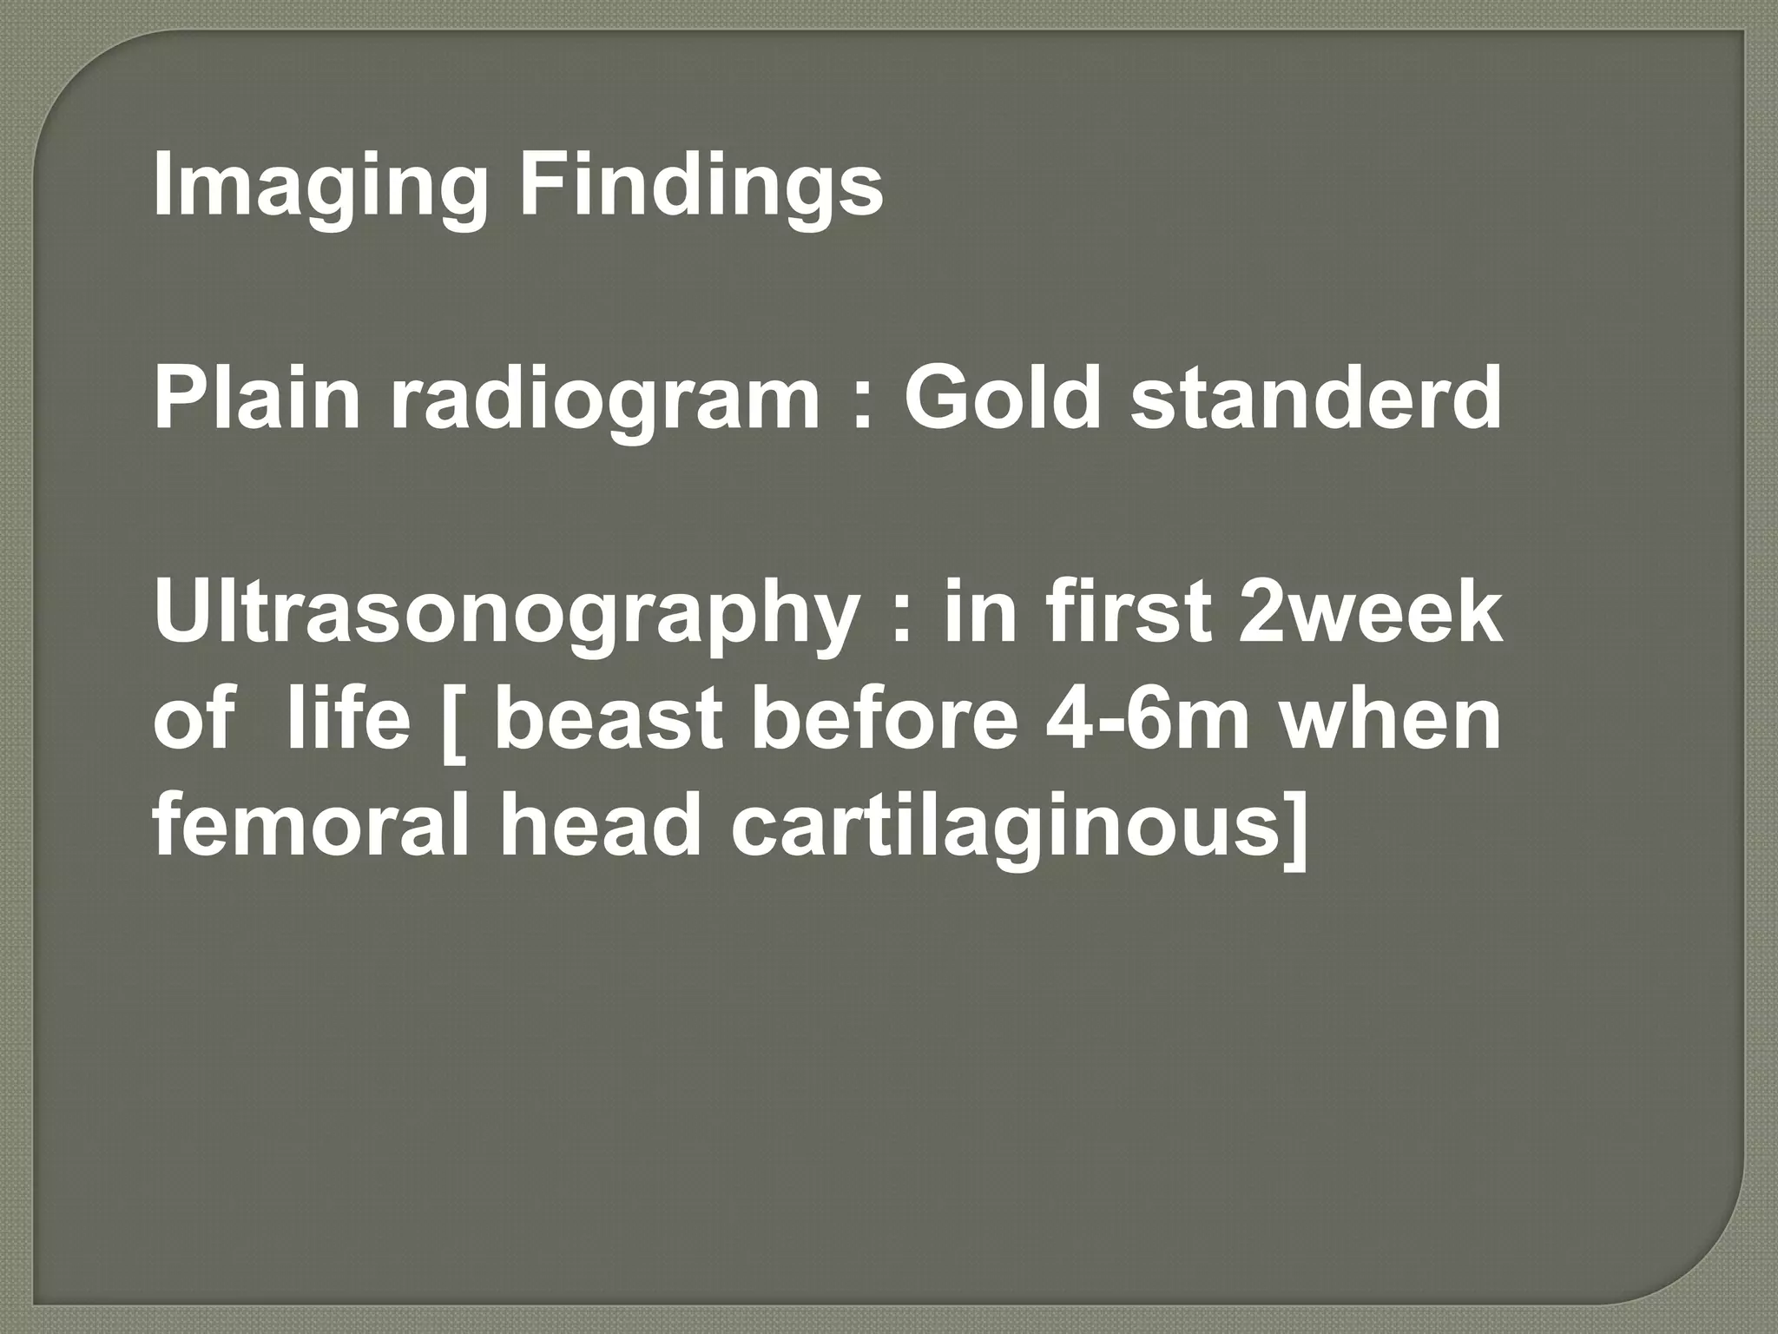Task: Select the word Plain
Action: point(256,400)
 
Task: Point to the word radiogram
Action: point(603,400)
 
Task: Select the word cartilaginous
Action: point(1007,829)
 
